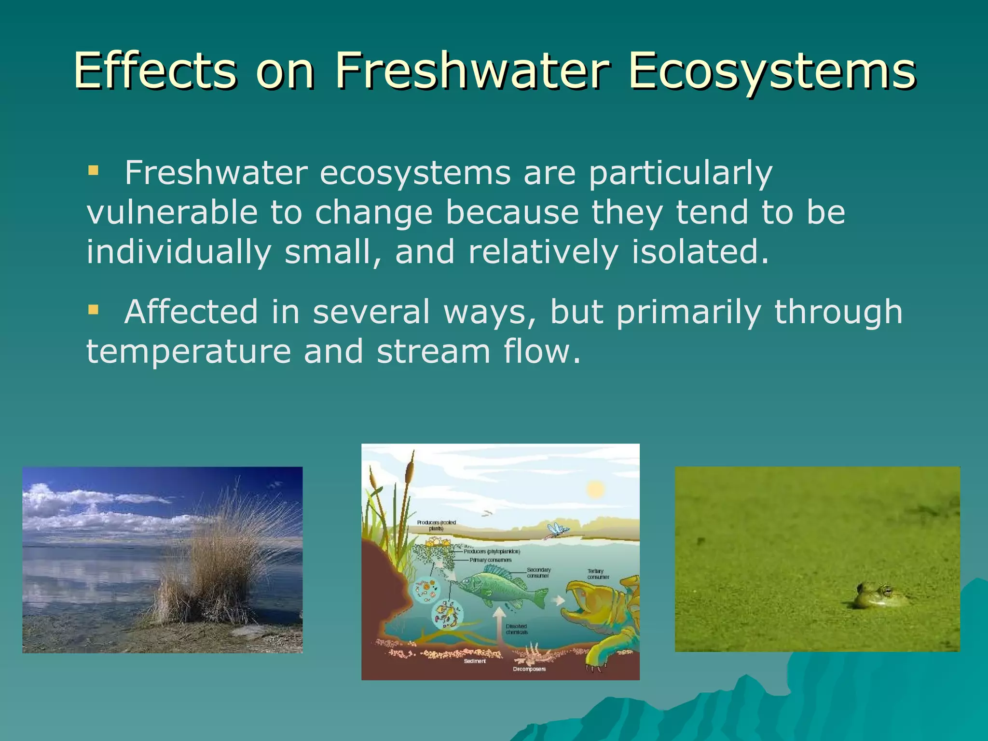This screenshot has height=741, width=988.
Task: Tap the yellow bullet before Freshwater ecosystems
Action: (93, 170)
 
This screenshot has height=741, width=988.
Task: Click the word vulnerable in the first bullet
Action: (172, 212)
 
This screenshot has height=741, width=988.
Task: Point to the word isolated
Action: (700, 252)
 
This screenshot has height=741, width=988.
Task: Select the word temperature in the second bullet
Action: (188, 351)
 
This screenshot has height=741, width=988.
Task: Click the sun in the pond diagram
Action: (595, 490)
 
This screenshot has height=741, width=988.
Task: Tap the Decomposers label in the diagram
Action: (529, 669)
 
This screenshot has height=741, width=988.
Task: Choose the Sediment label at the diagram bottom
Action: (475, 661)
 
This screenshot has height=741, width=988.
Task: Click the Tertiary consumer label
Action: (598, 574)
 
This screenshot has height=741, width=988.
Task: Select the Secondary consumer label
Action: (538, 573)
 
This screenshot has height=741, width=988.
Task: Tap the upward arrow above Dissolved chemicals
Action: (499, 622)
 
